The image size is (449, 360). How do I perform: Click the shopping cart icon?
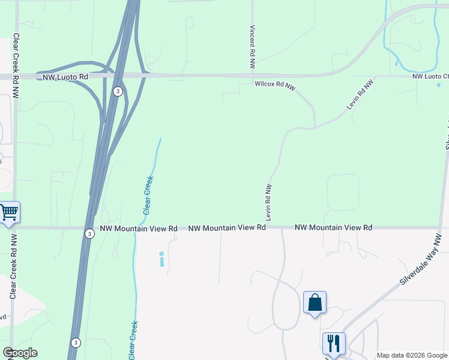click(x=8, y=212)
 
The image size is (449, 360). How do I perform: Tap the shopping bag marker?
click(x=315, y=302)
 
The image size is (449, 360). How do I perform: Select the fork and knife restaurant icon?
click(x=334, y=343)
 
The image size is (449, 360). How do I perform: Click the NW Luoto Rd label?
click(x=65, y=77)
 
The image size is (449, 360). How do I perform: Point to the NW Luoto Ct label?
click(x=430, y=77)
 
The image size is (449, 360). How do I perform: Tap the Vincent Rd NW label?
click(x=253, y=47)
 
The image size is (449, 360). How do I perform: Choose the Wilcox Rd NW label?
click(x=276, y=85)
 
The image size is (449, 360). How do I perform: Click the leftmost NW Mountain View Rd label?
click(x=139, y=229)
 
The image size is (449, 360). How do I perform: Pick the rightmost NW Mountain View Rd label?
click(x=333, y=228)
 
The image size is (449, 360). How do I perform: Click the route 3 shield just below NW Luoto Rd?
click(x=118, y=91)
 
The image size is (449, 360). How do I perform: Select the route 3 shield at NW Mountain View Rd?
click(x=89, y=233)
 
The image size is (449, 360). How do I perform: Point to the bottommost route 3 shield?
click(x=75, y=343)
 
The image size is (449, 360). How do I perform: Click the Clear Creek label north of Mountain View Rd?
click(x=148, y=195)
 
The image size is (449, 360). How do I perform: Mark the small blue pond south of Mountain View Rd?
click(x=161, y=259)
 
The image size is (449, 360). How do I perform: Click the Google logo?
click(x=20, y=353)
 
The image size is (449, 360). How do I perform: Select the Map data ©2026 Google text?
click(x=412, y=355)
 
